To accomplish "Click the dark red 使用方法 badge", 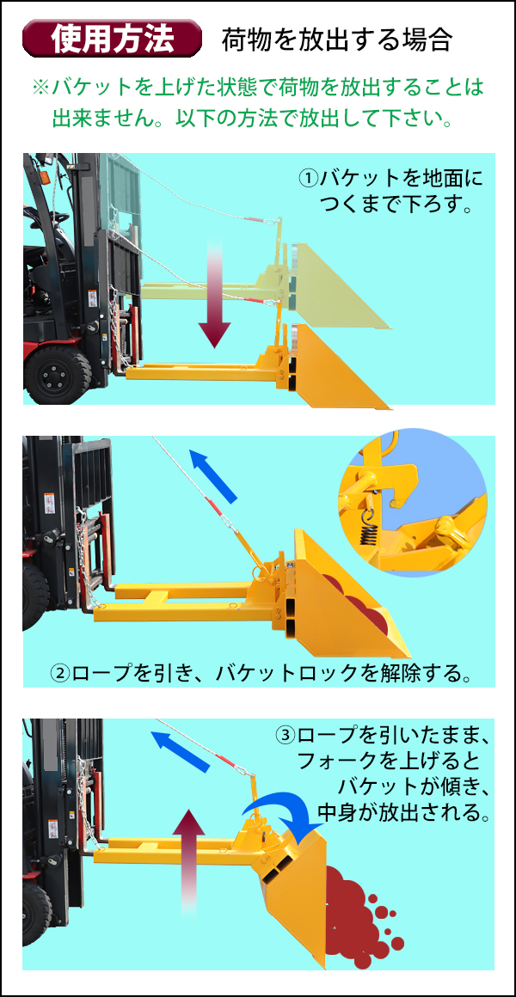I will tap(112, 40).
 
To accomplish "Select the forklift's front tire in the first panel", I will tap(58, 374).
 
